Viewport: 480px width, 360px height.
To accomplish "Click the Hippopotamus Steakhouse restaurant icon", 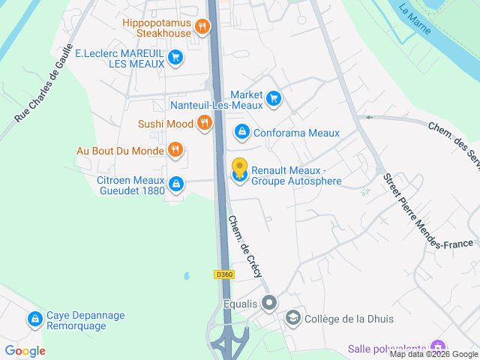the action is [202, 28].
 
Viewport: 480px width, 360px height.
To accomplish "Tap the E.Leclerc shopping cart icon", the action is [175, 57].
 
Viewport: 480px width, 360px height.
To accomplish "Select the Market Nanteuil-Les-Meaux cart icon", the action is [273, 97].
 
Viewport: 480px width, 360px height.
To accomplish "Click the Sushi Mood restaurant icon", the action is [204, 124].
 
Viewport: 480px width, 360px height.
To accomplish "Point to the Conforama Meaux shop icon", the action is [241, 133].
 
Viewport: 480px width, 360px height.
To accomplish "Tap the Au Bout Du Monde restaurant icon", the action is [175, 150].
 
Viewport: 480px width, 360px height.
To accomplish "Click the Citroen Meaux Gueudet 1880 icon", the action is [175, 183].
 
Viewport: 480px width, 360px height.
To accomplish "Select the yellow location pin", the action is [239, 167].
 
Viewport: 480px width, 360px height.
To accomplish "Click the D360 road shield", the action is [224, 274].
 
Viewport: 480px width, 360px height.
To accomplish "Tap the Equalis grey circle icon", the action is [270, 304].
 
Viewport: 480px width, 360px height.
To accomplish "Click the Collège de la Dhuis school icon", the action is [292, 319].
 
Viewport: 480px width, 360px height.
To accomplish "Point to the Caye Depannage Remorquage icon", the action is [34, 319].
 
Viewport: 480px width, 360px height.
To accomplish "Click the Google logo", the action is [25, 351].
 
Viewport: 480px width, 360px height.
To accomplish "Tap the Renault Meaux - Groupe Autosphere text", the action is [296, 175].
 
